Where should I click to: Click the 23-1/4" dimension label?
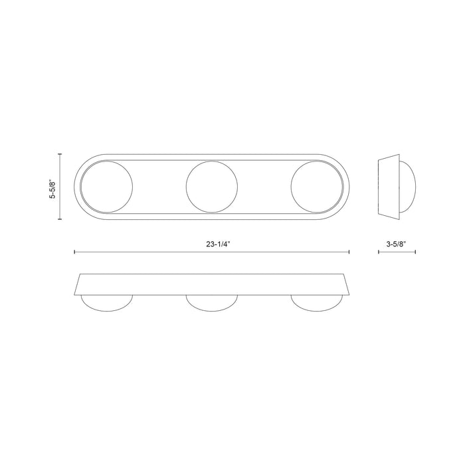click(218, 244)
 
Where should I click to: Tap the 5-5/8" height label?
click(52, 189)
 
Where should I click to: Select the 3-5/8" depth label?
click(396, 244)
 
